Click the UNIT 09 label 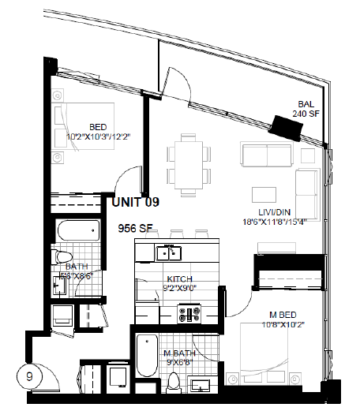(x=135, y=202)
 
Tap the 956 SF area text (x=135, y=229)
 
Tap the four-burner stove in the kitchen (x=189, y=314)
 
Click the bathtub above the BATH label (x=77, y=231)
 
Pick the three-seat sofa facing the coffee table (x=267, y=156)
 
